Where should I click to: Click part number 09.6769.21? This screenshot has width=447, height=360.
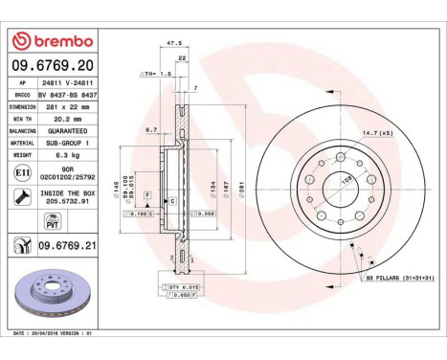[69, 246]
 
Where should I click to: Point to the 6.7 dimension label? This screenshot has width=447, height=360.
[151, 128]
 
